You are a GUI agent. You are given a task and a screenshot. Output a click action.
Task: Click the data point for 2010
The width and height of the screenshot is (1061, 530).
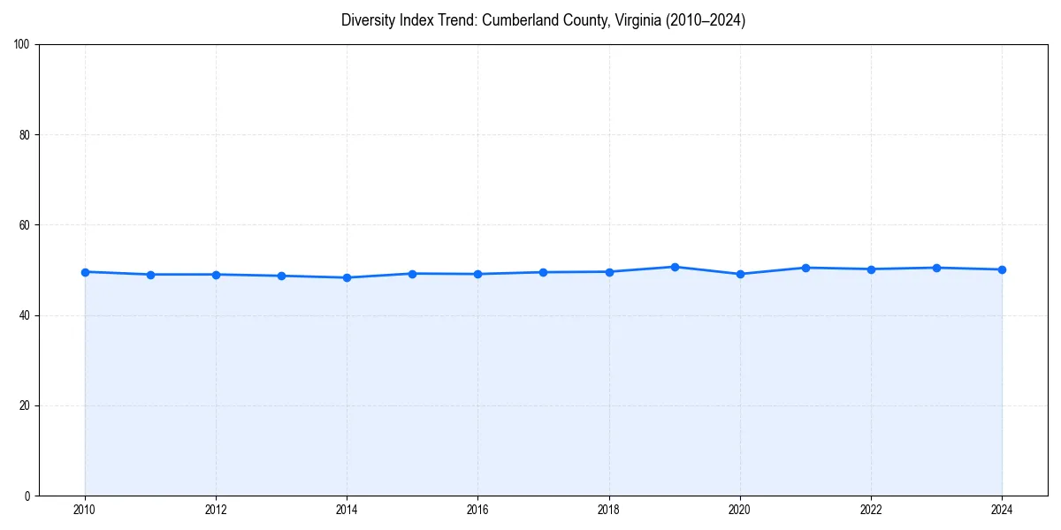(85, 272)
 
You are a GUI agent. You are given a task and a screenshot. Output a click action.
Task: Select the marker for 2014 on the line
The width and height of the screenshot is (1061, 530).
(347, 277)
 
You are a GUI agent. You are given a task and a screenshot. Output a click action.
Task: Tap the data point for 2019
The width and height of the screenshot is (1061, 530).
(675, 267)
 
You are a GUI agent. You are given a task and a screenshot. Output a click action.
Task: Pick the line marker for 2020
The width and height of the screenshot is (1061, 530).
(740, 274)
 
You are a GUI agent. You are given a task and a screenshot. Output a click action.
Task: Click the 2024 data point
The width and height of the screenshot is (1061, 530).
(1002, 269)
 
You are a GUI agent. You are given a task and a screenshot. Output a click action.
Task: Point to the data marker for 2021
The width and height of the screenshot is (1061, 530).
(805, 268)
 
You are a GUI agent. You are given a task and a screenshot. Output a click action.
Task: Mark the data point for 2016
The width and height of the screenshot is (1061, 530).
(477, 274)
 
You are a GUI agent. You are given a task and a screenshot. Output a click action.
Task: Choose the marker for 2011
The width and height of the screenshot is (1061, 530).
(150, 275)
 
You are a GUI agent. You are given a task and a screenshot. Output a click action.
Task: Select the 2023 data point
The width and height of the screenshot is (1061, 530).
(936, 268)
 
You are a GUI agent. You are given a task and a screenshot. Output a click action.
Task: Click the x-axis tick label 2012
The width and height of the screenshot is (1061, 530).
(216, 510)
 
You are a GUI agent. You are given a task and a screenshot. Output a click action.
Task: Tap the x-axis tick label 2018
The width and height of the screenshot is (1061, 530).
(608, 510)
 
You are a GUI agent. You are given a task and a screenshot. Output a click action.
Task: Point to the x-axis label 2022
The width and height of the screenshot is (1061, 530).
(871, 510)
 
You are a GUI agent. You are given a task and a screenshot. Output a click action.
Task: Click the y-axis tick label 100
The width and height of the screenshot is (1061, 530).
(22, 44)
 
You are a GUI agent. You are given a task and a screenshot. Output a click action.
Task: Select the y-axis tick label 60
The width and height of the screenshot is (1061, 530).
(25, 225)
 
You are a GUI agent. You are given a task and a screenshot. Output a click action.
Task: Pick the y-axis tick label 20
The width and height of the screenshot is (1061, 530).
(25, 405)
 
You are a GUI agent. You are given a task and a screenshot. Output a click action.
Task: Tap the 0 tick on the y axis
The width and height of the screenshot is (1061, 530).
(27, 496)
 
